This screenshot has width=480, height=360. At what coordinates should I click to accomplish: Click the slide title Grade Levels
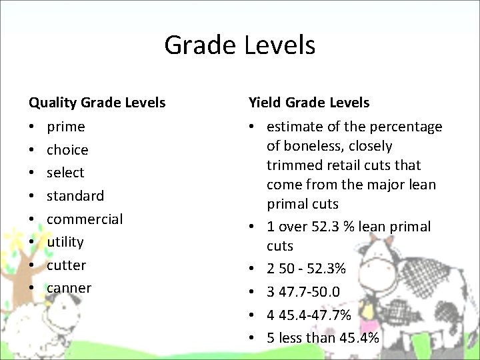pos(239,45)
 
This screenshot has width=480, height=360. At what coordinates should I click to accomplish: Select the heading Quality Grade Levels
pos(97,103)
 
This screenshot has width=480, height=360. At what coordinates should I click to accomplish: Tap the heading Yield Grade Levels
pos(309,103)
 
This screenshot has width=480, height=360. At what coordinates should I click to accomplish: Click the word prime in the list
pos(65,127)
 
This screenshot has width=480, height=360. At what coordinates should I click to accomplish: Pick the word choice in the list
pos(67,150)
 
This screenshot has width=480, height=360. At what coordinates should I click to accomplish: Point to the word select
pos(65,173)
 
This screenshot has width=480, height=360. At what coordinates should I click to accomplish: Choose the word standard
pos(75,196)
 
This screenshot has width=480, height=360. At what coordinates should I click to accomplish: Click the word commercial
pos(85,219)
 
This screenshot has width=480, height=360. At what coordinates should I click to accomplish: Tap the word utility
pos(65,242)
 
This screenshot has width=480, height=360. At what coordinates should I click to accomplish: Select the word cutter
pos(66,265)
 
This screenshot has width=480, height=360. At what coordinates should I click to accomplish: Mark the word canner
pos(69,288)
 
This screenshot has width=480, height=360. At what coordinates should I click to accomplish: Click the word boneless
pos(312,146)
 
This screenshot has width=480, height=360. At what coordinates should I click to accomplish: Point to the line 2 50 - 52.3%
pos(306,269)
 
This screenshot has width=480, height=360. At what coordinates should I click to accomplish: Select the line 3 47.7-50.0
pos(303,292)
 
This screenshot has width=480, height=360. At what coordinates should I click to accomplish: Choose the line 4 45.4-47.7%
pos(309,315)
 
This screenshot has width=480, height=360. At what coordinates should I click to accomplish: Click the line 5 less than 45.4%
pos(323,338)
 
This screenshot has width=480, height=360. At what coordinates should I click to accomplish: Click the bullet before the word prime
pos(32,127)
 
